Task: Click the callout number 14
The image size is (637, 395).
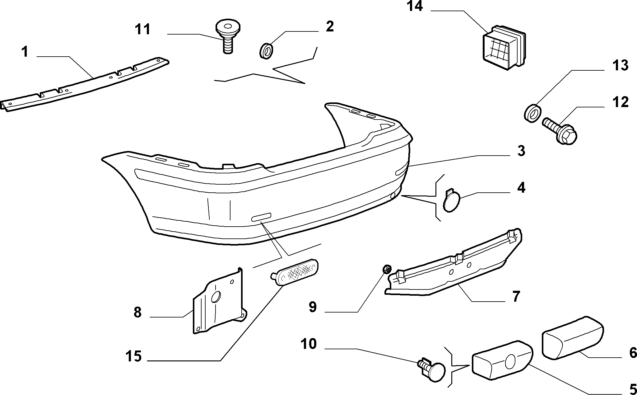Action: [x=415, y=6]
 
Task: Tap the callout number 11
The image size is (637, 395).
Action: [x=142, y=29]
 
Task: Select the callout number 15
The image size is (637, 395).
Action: [x=134, y=356]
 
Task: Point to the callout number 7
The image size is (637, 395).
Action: [x=516, y=296]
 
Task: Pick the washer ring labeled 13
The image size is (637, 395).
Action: [x=532, y=114]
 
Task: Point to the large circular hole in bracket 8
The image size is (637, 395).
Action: [x=216, y=297]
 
